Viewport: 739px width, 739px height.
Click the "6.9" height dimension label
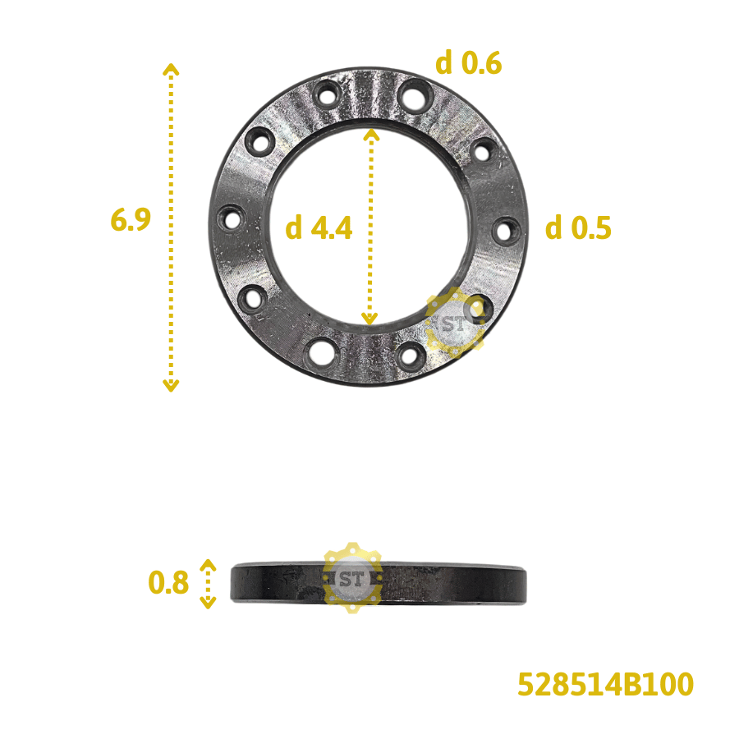(131, 220)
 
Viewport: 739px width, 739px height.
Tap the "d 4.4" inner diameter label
(319, 229)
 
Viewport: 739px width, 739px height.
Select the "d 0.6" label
(468, 62)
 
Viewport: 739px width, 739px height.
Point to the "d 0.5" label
(579, 228)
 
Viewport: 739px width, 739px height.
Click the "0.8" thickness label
(168, 583)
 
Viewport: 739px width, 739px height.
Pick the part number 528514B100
(605, 685)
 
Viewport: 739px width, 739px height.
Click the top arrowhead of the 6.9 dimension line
(171, 68)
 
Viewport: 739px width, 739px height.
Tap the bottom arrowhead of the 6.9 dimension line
(171, 385)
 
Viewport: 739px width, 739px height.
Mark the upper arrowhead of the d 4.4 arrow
(371, 134)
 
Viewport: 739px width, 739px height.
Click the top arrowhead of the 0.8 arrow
(208, 565)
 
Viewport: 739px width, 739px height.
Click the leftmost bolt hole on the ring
(232, 220)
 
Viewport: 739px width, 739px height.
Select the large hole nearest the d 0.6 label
(411, 94)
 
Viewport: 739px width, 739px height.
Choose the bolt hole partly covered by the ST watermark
(477, 308)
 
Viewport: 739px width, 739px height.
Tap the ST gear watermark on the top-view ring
(454, 322)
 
